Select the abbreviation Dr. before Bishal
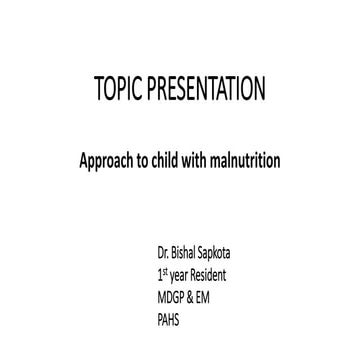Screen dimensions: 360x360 pyautogui.click(x=152, y=267)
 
